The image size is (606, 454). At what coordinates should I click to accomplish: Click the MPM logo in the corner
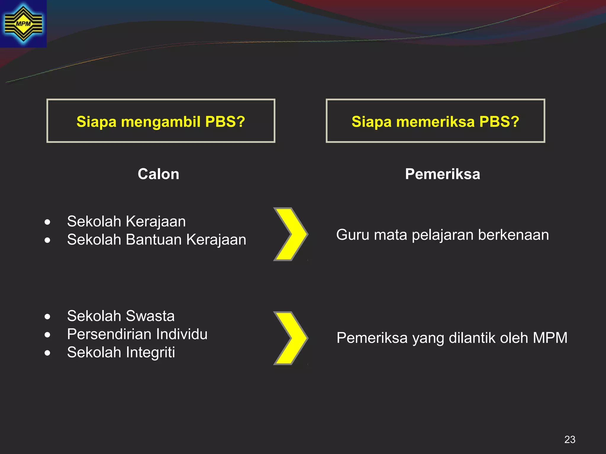point(23,24)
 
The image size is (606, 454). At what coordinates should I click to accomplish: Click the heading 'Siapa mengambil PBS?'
point(161,121)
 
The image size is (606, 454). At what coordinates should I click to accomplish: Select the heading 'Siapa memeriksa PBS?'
point(435,121)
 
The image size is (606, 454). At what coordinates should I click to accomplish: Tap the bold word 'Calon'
point(158,174)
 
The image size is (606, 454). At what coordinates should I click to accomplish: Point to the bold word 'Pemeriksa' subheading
point(442,174)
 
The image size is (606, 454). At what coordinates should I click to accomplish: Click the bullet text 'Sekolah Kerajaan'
point(126,221)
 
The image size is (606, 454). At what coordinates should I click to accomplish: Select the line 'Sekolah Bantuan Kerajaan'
point(157,239)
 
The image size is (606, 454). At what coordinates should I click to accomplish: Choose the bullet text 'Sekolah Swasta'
point(121,316)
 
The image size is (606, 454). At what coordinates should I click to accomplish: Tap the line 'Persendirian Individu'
point(137,334)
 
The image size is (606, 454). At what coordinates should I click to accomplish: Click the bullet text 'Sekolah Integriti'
point(121,352)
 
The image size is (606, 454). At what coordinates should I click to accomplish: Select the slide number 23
point(570,440)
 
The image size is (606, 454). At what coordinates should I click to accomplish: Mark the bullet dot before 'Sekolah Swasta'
point(47,317)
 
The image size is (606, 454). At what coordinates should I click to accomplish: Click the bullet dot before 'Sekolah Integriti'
point(47,353)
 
